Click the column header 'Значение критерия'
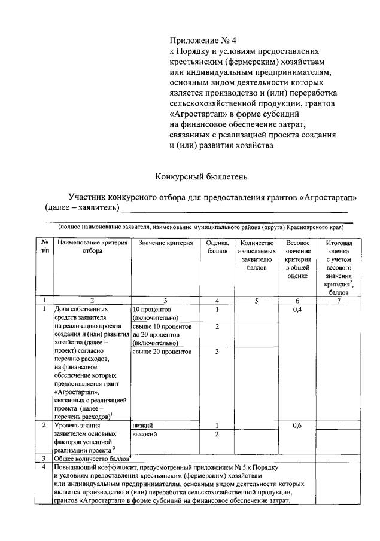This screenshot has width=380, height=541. click(165, 243)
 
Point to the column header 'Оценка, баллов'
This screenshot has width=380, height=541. click(217, 247)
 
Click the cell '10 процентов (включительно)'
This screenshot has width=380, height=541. click(153, 314)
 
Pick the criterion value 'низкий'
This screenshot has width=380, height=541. click(144, 426)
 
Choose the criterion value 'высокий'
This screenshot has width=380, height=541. click(145, 434)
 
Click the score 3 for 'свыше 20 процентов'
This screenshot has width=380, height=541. click(217, 352)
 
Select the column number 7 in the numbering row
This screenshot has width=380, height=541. click(338, 301)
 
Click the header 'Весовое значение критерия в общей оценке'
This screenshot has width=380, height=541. click(297, 259)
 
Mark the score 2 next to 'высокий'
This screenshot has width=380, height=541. click(217, 434)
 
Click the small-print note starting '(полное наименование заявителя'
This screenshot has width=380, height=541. click(200, 227)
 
